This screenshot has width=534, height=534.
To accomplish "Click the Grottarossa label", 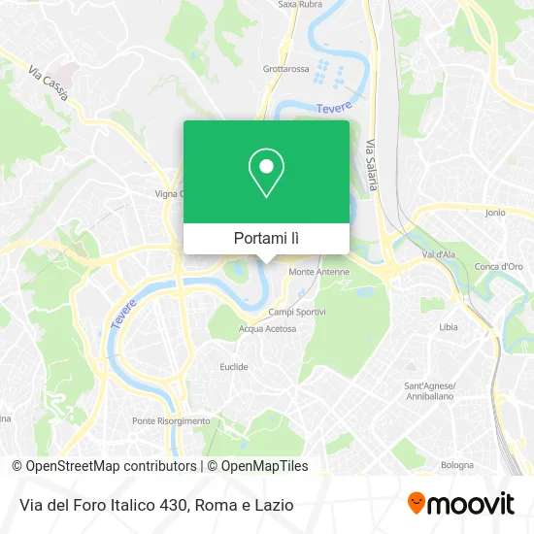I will [x=284, y=69].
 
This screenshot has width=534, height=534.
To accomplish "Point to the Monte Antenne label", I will [x=318, y=272].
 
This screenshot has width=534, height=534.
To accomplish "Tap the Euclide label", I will [x=235, y=367].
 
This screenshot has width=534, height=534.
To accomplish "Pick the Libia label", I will [x=449, y=327].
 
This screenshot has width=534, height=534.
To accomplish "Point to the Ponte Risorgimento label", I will [x=171, y=420].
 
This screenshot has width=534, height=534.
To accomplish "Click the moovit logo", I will [x=459, y=504].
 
